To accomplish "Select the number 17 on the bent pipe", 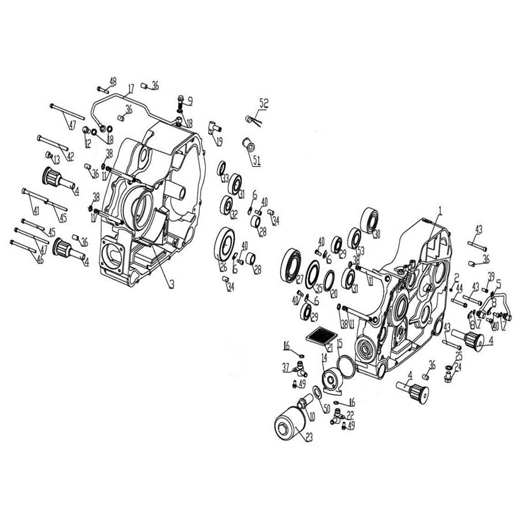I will pyautogui.click(x=131, y=88).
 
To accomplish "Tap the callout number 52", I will pyautogui.click(x=264, y=104).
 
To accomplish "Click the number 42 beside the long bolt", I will pyautogui.click(x=70, y=157).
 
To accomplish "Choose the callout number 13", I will pyautogui.click(x=57, y=159).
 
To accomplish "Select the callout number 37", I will pyautogui.click(x=285, y=367).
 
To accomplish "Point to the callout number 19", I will pyautogui.click(x=220, y=142).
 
